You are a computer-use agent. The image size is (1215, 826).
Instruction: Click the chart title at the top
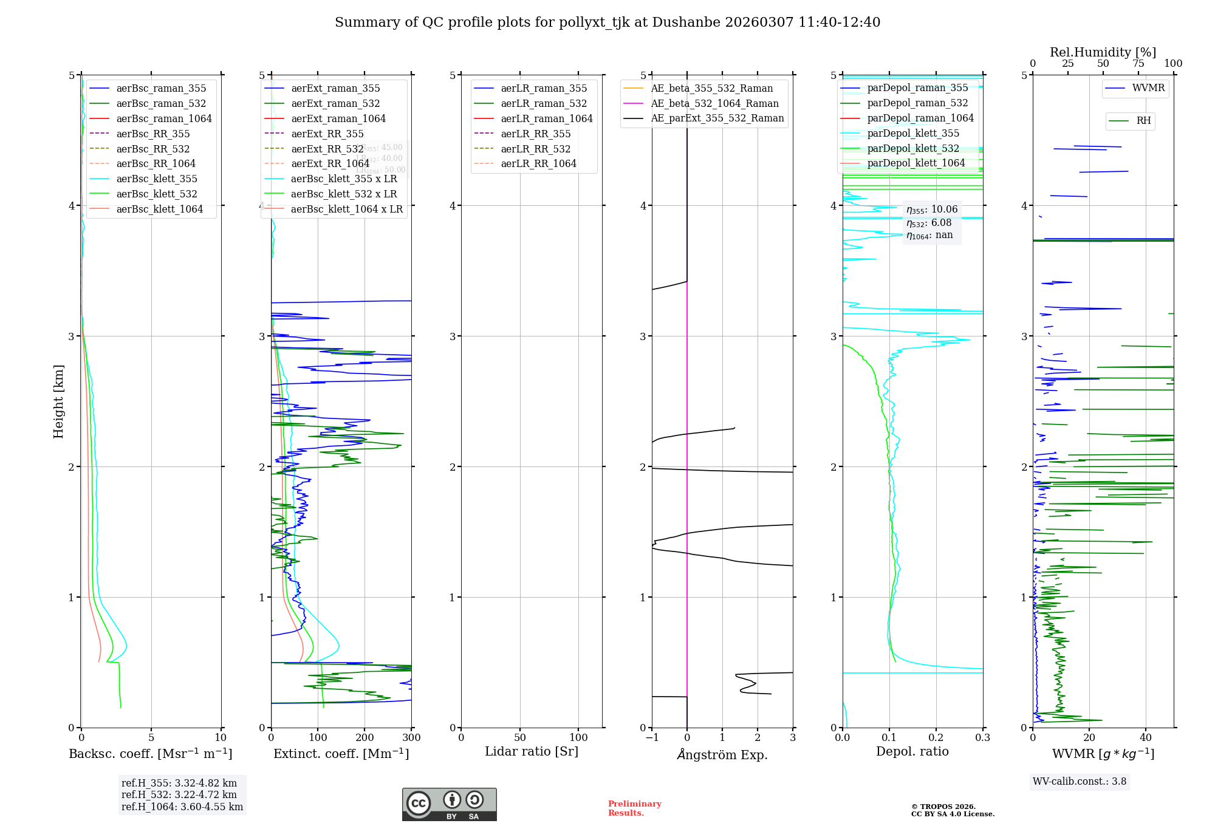click(x=607, y=22)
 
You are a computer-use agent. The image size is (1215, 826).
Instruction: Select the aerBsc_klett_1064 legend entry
click(x=159, y=209)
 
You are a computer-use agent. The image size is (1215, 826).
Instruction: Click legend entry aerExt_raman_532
click(x=335, y=103)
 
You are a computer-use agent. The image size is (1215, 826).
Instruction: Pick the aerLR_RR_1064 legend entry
click(x=538, y=163)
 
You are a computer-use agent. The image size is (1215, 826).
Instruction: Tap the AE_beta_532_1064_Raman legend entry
click(x=714, y=103)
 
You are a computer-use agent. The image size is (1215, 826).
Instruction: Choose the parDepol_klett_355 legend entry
click(x=913, y=133)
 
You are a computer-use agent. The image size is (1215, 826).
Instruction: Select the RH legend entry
click(x=1143, y=121)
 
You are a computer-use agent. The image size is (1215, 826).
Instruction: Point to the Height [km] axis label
click(x=58, y=401)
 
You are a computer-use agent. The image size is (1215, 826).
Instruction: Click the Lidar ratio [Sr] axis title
click(x=532, y=751)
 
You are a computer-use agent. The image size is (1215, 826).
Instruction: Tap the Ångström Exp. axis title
click(x=722, y=754)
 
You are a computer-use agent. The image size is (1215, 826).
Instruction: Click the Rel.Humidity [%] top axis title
click(x=1103, y=52)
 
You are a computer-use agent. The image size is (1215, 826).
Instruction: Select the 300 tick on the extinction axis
click(x=411, y=737)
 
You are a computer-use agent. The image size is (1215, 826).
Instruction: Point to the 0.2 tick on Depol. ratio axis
click(x=936, y=737)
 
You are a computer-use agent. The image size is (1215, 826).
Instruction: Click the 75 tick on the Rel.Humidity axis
click(x=1138, y=64)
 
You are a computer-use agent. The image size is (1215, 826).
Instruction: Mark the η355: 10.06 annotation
click(x=932, y=210)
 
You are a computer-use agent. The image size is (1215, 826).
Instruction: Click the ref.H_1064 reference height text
click(x=182, y=807)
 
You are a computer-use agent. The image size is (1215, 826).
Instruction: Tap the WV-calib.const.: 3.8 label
click(x=1080, y=781)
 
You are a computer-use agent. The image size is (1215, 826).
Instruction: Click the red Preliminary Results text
click(x=634, y=808)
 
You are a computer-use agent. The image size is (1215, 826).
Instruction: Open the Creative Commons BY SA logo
click(x=449, y=804)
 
